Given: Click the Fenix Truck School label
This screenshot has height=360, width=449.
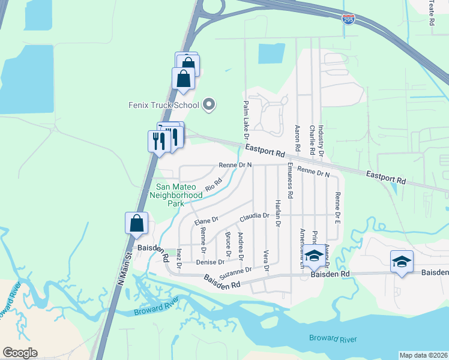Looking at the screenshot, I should point(163,105).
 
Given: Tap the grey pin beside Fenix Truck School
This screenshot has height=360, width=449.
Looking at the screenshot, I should point(209,105).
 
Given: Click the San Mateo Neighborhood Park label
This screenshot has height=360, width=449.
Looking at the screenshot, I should point(175,195).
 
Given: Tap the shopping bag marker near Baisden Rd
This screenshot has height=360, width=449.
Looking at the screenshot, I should point(137,223).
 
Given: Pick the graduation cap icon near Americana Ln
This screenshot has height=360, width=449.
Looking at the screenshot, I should point(313,256).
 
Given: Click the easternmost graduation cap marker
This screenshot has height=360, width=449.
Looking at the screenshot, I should point(402,262).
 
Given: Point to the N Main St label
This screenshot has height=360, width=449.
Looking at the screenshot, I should point(125,262).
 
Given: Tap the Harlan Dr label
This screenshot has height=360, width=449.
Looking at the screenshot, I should point(278,213).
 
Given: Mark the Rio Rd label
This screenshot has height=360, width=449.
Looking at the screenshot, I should point(214,185).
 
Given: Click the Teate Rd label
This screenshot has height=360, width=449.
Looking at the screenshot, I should point(432,12).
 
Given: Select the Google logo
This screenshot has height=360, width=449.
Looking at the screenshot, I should point(20,353).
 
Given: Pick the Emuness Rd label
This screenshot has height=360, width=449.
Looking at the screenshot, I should point(290,181).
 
